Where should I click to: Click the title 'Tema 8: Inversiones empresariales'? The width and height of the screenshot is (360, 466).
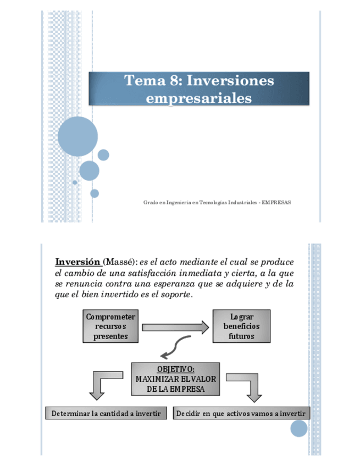(199, 89)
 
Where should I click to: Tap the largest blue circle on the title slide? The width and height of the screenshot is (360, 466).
(77, 136)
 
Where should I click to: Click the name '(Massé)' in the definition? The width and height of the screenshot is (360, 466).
(120, 262)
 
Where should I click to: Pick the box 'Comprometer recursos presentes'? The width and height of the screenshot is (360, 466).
(110, 326)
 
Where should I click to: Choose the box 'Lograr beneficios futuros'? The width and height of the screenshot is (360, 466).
(241, 326)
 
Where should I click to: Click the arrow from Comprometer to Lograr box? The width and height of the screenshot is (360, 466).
(175, 328)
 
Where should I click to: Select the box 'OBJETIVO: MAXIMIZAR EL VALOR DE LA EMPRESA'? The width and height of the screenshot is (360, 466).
(175, 379)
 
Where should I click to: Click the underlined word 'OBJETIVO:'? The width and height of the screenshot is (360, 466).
(175, 369)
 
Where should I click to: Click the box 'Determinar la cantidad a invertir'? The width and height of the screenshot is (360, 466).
(106, 413)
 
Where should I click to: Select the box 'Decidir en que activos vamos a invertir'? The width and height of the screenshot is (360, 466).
(242, 413)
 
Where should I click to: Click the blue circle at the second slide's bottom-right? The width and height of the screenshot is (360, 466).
(299, 429)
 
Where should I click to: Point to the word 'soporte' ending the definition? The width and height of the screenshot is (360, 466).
(175, 295)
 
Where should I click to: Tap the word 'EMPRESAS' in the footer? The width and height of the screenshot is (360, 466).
(276, 202)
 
